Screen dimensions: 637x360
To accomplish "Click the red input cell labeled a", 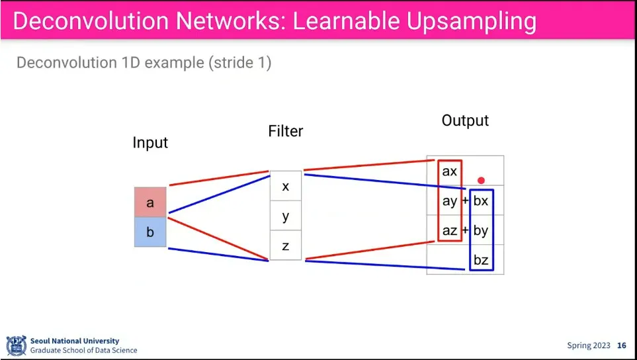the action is [x=150, y=202].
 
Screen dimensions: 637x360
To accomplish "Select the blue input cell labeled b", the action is [x=150, y=232].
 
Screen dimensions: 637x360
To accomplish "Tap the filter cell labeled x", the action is [x=286, y=186].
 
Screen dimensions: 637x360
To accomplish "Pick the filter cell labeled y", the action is [x=286, y=216].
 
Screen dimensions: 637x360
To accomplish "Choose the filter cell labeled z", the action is [x=286, y=246].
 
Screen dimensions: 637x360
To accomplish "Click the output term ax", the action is [x=449, y=171].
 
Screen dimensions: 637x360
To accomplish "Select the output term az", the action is [x=450, y=231].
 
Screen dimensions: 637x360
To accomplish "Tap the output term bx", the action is [x=481, y=201].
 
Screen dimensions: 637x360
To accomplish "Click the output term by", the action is [x=481, y=231].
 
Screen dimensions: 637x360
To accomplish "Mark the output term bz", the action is [x=481, y=260].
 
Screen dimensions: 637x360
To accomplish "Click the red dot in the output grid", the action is [x=481, y=181].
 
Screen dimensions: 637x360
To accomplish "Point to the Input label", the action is [x=150, y=143].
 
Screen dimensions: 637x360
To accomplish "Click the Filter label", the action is [x=286, y=131].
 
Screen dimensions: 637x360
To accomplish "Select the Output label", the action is [x=465, y=120].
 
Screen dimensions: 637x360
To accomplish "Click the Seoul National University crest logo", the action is [x=17, y=345].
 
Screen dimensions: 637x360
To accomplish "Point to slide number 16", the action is [x=622, y=345].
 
